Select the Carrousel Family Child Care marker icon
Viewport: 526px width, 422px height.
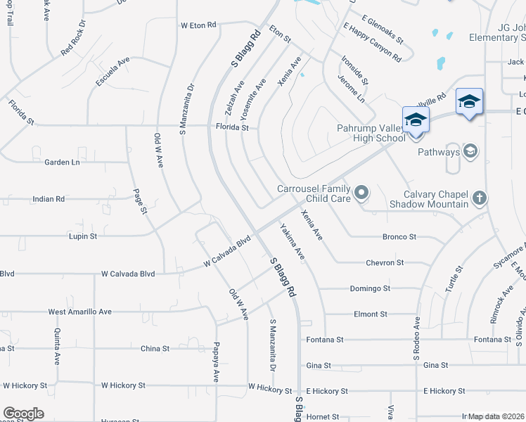[361, 192]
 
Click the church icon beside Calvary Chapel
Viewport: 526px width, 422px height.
[478, 198]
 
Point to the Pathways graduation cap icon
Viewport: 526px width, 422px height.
[470, 151]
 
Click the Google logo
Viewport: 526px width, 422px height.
[23, 414]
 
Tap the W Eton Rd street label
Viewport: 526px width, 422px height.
[198, 25]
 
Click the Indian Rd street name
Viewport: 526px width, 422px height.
[49, 199]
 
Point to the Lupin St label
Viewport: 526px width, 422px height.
[83, 236]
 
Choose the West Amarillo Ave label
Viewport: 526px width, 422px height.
[79, 312]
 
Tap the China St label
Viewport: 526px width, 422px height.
[155, 348]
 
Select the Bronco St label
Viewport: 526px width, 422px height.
[399, 237]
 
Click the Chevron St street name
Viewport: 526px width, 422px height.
[385, 262]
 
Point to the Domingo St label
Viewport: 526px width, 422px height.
[370, 288]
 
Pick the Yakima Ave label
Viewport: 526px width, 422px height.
[291, 242]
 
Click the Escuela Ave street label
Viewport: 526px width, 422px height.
[113, 70]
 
